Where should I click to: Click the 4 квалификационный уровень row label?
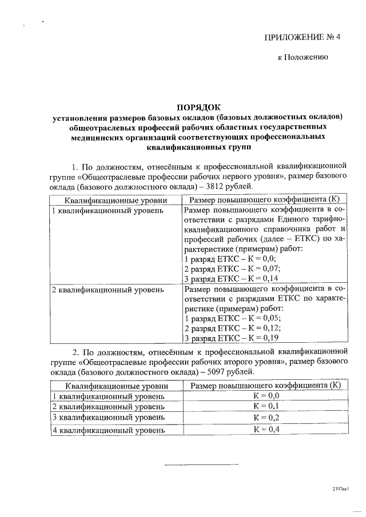(108, 430)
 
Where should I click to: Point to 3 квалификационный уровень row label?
(108, 418)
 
